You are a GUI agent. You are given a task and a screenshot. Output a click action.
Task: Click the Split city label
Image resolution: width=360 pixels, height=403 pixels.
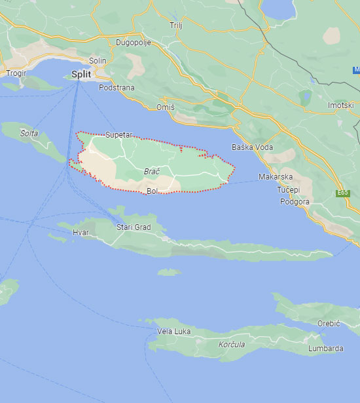pos(81,74)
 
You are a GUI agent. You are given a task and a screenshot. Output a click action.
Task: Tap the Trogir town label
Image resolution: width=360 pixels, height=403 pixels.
pos(16,73)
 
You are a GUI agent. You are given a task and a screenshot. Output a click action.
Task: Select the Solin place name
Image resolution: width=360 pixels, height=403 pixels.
pos(98,60)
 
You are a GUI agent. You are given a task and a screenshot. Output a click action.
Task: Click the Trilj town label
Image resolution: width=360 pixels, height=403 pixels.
pos(175,24)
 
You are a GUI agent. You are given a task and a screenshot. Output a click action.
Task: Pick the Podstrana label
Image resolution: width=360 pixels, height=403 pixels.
pos(116,87)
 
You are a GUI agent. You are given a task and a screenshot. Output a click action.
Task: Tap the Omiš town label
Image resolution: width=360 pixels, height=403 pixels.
pos(166,107)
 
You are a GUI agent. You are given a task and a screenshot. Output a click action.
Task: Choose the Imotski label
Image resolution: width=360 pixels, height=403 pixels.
pos(340,105)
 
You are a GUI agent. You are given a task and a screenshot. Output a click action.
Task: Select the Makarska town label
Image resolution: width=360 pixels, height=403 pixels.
pos(275,177)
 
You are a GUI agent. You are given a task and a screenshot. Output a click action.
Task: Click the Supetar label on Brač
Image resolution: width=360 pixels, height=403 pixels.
pos(118,134)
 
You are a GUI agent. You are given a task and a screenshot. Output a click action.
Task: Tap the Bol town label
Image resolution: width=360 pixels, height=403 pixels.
pos(153,191)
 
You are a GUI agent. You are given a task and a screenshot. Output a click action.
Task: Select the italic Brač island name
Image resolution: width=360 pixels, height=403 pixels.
pos(151,171)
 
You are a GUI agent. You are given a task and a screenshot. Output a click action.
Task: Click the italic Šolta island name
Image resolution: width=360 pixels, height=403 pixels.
pos(29,132)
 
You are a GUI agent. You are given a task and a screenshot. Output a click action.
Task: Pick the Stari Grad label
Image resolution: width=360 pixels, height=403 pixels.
pos(133,227)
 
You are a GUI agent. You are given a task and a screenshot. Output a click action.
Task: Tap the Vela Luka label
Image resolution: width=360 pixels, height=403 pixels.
pos(174,332)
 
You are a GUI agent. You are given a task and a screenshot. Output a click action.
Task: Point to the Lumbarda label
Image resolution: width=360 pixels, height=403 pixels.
pos(325,349)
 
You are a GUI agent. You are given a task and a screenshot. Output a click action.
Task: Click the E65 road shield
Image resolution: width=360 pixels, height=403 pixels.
pos(342,192)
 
